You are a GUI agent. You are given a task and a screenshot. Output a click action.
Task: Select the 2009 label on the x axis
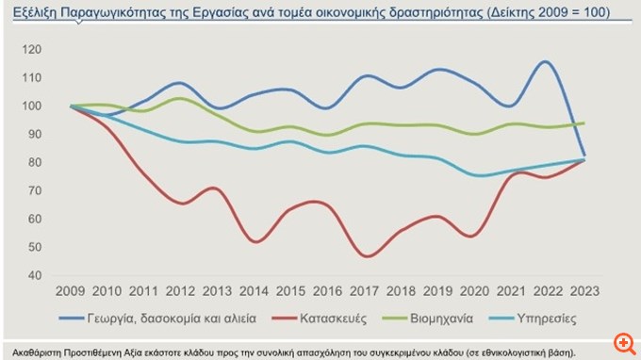tap(72, 292)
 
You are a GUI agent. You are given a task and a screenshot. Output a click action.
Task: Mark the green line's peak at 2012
tap(182, 98)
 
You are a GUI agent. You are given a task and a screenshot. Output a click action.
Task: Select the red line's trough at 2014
tap(256, 242)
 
